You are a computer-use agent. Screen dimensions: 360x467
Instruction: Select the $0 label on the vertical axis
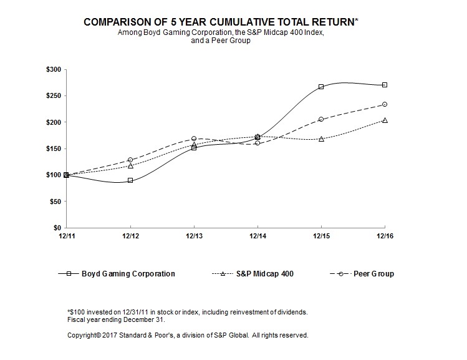(x=56, y=228)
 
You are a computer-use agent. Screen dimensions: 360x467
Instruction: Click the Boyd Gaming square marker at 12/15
(x=321, y=87)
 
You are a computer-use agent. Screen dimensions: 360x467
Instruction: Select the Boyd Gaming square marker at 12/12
(x=130, y=180)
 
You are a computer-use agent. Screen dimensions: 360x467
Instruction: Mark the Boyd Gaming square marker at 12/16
(x=385, y=85)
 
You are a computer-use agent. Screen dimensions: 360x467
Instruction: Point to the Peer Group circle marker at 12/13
(x=194, y=139)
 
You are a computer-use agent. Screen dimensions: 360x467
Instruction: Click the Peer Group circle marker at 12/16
(x=385, y=104)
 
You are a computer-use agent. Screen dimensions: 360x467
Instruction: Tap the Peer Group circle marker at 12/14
(x=258, y=143)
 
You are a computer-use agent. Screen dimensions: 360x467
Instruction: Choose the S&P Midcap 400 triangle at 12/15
(x=321, y=139)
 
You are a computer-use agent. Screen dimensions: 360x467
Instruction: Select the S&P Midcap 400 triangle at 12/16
(x=385, y=120)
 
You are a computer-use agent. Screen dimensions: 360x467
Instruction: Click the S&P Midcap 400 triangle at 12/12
(x=130, y=166)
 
